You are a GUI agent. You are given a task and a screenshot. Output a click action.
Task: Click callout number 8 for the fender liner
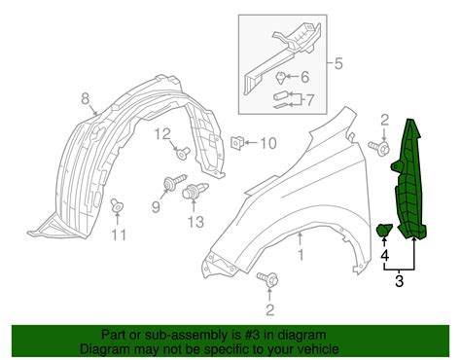85,98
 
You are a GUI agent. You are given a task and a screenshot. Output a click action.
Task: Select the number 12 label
162,133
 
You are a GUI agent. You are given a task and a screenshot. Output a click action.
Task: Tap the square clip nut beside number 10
236,142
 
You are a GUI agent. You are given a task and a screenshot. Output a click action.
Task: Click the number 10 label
268,143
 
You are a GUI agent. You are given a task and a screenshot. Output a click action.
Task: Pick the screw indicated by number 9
177,181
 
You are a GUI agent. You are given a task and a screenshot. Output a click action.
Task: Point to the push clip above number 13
195,190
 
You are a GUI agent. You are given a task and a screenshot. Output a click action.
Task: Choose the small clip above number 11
117,206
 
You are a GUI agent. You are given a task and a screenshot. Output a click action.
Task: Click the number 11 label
119,234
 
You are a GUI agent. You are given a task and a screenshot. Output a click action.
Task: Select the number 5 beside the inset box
338,63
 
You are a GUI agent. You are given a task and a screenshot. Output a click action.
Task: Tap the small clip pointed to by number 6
281,79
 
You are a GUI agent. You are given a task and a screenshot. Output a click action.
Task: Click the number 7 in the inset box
309,99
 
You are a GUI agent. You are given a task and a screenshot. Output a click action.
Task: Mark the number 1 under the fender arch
301,255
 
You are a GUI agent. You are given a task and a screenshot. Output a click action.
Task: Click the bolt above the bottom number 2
268,279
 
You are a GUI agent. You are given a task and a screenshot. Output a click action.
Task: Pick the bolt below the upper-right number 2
379,148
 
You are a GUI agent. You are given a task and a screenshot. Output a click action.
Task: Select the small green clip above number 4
384,230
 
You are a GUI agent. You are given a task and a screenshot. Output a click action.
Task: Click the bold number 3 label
399,281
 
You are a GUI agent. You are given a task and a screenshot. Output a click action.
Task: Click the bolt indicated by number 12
184,153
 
